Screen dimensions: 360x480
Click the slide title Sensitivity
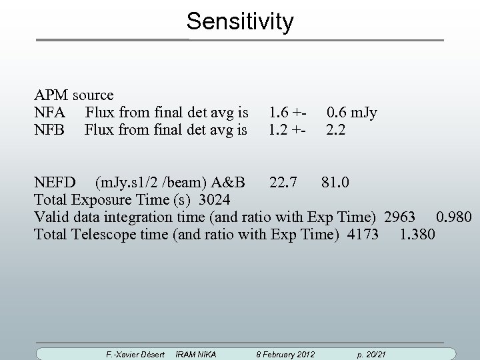click(x=240, y=21)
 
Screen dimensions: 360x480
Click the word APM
click(x=51, y=95)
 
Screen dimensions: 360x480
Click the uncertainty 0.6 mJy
click(x=351, y=112)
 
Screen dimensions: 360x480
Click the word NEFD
click(x=55, y=182)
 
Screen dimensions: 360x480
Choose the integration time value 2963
click(x=400, y=217)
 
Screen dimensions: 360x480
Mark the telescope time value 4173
click(x=363, y=235)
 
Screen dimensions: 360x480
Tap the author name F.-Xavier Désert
click(x=135, y=353)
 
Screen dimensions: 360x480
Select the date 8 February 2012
click(x=286, y=353)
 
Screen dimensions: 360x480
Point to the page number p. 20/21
click(x=372, y=353)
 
